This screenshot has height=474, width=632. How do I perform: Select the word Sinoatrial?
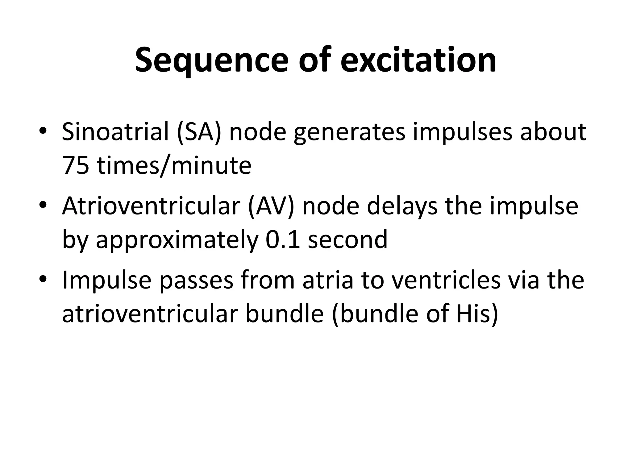pos(115,132)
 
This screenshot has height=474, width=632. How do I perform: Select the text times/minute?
pos(174,166)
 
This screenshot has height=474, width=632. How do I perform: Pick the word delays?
pos(402,206)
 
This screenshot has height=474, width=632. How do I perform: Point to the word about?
pos(553,132)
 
